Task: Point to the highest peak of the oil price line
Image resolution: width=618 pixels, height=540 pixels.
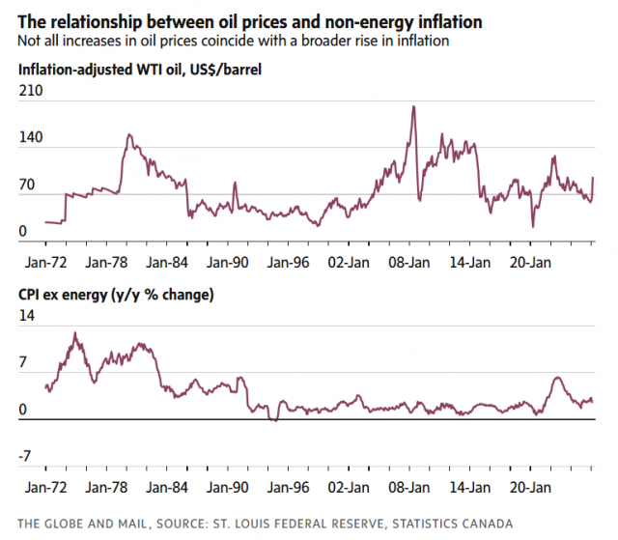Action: pos(413,106)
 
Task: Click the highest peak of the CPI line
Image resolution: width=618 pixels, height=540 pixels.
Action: pos(75,333)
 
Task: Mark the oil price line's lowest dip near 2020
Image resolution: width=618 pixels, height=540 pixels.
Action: pos(533,227)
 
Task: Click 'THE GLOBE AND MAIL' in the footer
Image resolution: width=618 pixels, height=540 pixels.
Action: pos(82,524)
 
